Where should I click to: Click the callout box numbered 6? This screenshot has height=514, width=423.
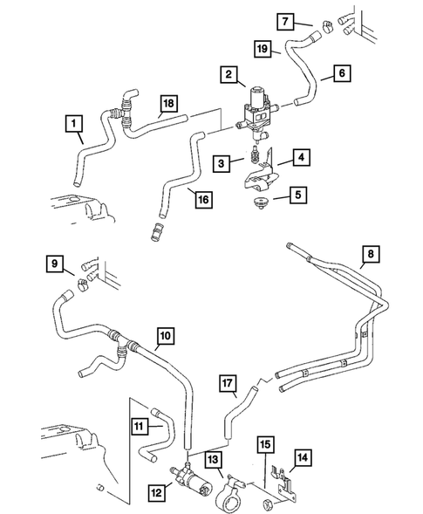click(x=341, y=76)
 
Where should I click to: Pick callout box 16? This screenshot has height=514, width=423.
click(x=202, y=200)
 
